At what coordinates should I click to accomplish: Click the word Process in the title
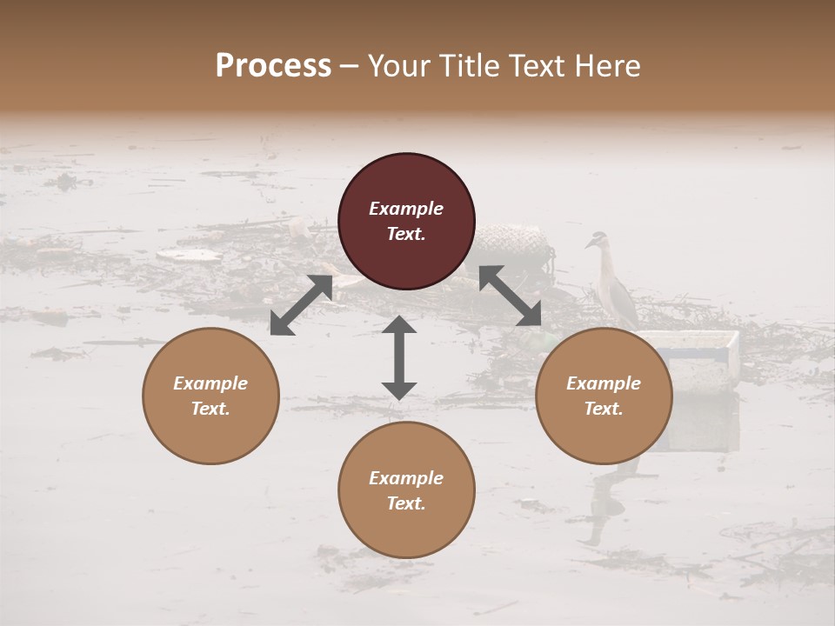pyautogui.click(x=273, y=66)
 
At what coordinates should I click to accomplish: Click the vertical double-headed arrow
pyautogui.click(x=399, y=357)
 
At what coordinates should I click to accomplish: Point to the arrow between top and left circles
pyautogui.click(x=301, y=305)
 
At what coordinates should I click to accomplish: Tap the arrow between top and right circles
pyautogui.click(x=511, y=296)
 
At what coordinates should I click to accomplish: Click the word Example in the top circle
pyautogui.click(x=406, y=209)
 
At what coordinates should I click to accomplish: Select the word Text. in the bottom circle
pyautogui.click(x=406, y=503)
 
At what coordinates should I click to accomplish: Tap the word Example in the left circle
pyautogui.click(x=210, y=383)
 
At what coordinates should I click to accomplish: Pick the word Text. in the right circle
pyautogui.click(x=604, y=409)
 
